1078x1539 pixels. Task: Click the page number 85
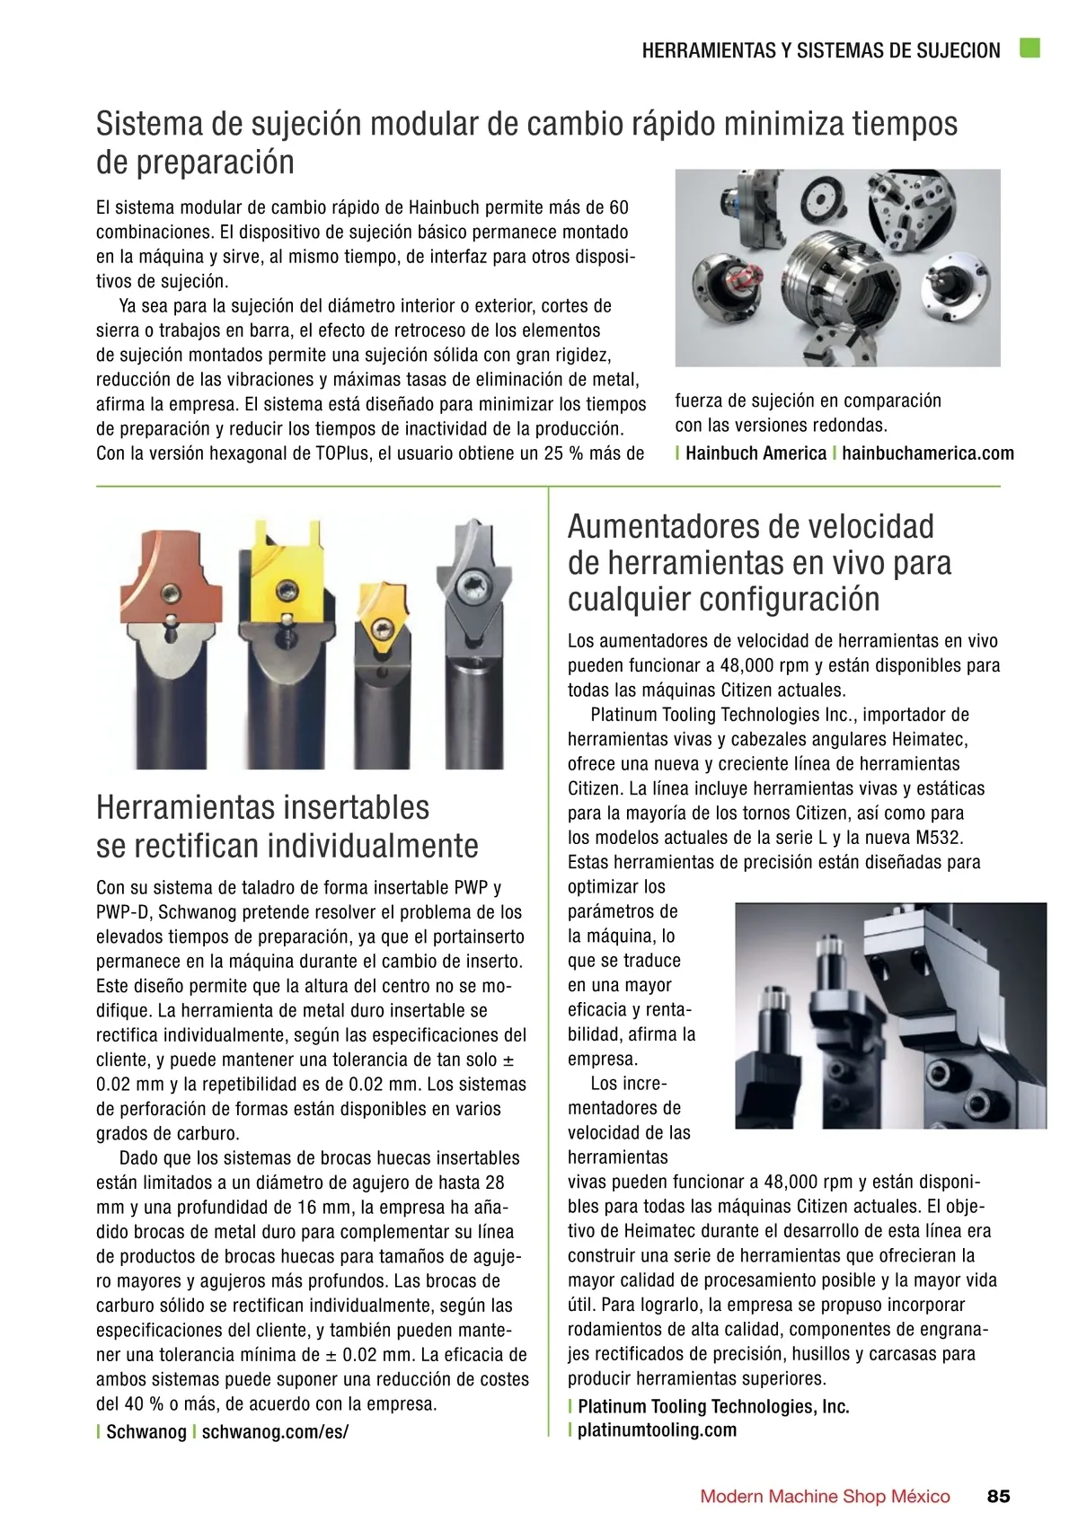pos(998,1496)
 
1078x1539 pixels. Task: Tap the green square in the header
pos(1029,48)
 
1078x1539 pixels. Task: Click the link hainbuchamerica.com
pos(927,453)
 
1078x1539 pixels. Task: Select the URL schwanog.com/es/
pos(274,1432)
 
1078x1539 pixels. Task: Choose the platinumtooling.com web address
pos(657,1430)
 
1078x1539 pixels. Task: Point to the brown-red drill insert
pos(172,587)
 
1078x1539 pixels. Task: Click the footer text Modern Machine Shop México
pos(825,1496)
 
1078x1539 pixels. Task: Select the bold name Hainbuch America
pos(755,453)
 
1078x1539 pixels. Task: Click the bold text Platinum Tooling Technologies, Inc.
pos(713,1406)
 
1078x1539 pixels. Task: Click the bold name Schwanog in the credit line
pos(146,1432)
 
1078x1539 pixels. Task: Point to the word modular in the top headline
pos(423,123)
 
